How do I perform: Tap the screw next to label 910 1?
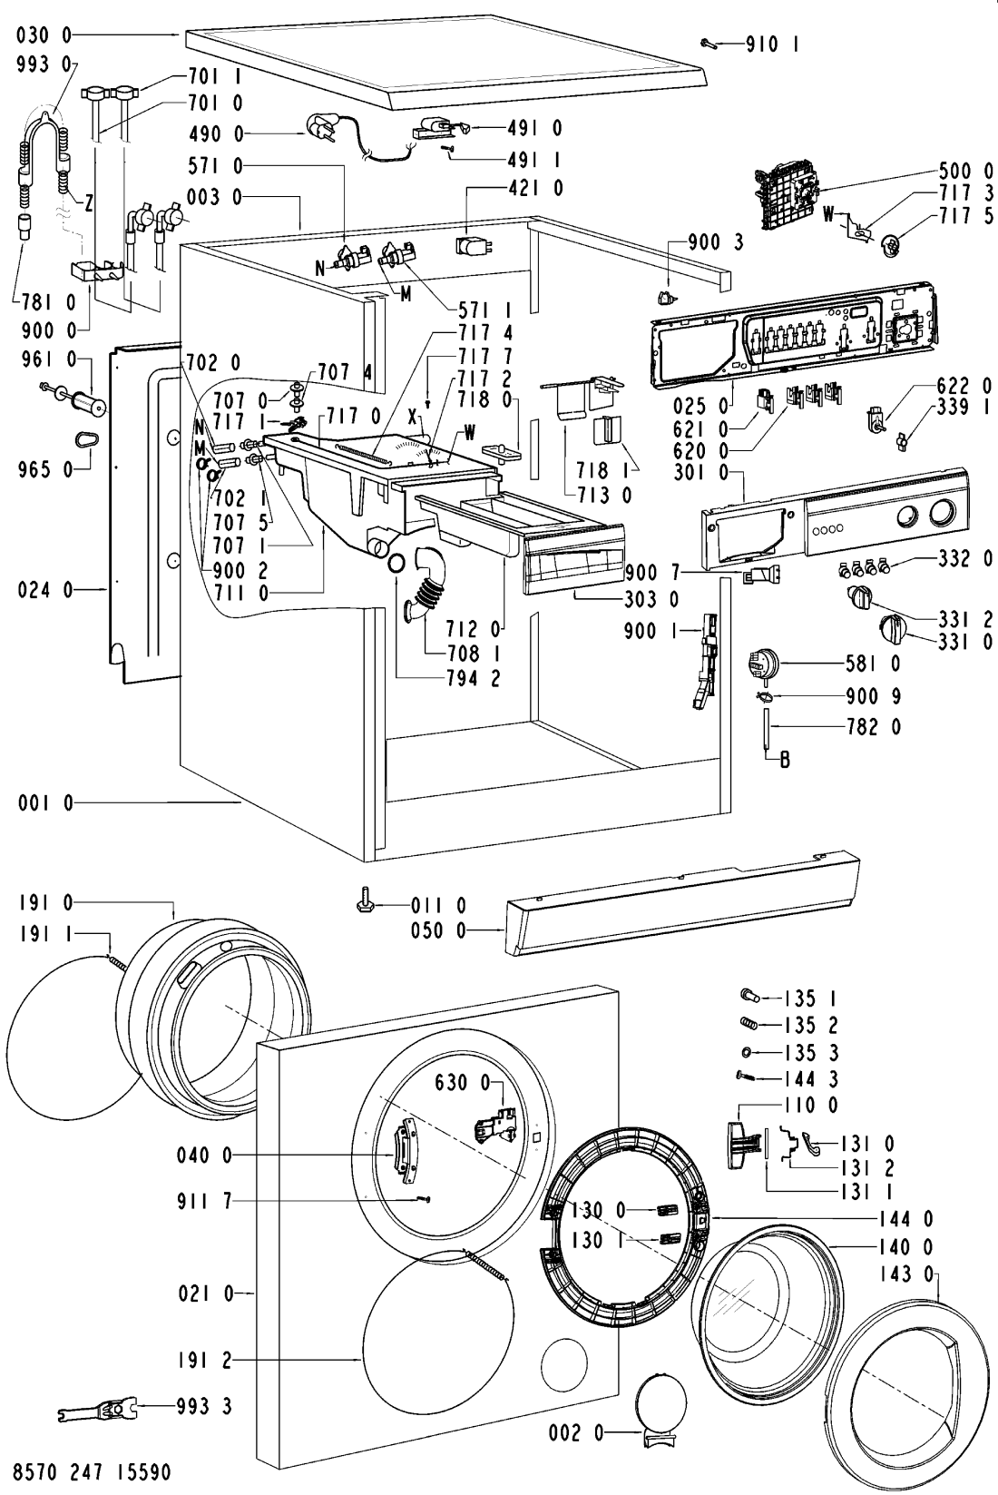712,42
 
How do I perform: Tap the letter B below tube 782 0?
785,761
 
